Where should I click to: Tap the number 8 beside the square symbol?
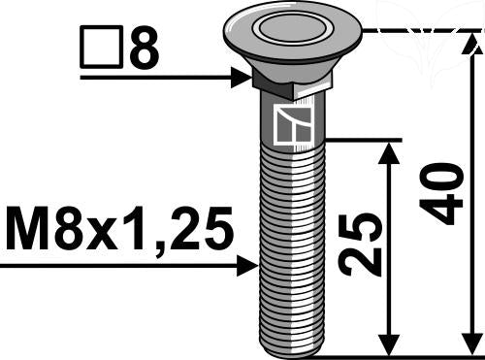(x=143, y=49)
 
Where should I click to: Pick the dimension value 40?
(x=443, y=194)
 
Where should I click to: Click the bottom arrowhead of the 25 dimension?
(x=390, y=344)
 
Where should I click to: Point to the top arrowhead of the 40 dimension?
(x=472, y=44)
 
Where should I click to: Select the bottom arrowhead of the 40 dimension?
(x=472, y=344)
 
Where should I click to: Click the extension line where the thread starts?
(x=359, y=140)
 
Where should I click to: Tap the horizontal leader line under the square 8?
(x=155, y=78)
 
